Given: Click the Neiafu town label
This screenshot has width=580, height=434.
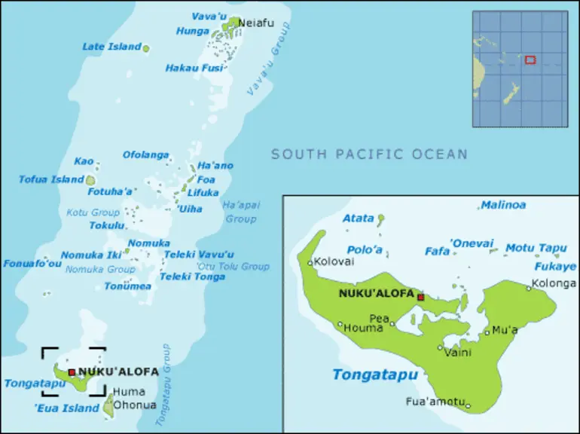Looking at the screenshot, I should click(254, 23).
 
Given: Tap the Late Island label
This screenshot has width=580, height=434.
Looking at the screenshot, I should click(111, 47).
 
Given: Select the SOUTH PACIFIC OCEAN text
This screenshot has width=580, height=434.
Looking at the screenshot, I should click(369, 154).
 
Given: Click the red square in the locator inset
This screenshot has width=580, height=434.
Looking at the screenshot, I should click(530, 60).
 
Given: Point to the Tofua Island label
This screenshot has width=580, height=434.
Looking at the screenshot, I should click(51, 179).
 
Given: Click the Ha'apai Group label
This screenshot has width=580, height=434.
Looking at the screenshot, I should click(241, 212).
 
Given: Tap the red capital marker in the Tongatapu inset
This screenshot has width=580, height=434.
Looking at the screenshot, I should click(420, 297).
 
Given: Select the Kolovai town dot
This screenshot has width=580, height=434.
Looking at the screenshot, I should click(310, 262).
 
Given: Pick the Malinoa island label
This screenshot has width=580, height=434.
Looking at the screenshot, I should click(503, 205).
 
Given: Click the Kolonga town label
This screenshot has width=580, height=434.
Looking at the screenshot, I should click(554, 283).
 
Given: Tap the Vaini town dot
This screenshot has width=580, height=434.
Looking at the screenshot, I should click(441, 347).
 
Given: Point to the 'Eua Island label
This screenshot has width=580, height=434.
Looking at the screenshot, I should click(67, 408).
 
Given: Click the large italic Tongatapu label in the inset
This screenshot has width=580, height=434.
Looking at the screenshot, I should click(374, 374).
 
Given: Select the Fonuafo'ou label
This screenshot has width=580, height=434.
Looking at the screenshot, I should click(32, 264).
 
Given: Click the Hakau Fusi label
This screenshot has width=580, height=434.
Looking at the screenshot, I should click(194, 68).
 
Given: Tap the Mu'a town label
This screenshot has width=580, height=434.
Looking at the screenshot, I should click(505, 329).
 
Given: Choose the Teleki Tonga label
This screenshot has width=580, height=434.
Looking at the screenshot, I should click(192, 277).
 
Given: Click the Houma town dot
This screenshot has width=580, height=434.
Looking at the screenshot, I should click(340, 325).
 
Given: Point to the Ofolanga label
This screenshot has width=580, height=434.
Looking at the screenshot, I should click(146, 155).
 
